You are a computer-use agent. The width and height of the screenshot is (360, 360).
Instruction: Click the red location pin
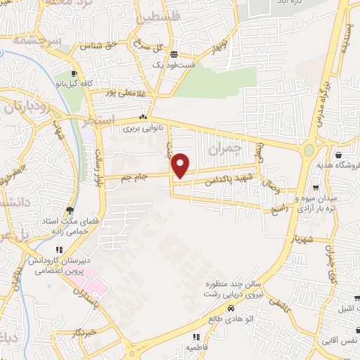point(181,165)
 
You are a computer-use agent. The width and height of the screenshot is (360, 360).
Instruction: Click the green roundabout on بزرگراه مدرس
point(309,150)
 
